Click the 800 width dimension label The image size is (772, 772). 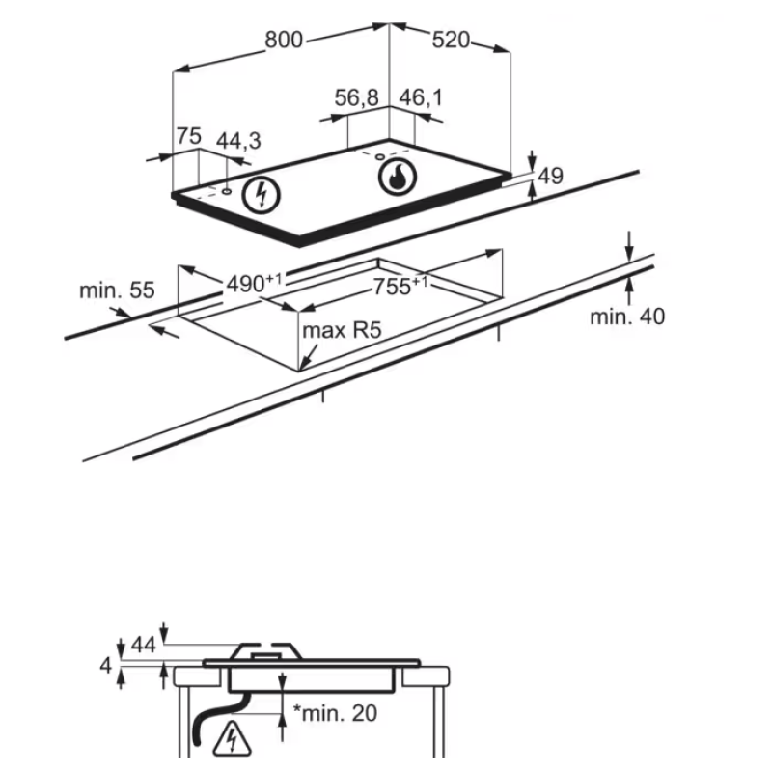(x=284, y=40)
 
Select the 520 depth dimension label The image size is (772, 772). (x=451, y=40)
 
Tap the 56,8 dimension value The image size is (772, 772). (x=357, y=97)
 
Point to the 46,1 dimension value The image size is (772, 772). (x=421, y=97)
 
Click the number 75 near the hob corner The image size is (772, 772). (x=189, y=136)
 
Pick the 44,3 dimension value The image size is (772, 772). (x=238, y=140)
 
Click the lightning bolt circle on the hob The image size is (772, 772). (x=261, y=195)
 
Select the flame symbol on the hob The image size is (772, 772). (x=398, y=177)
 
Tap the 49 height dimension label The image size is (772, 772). (x=550, y=176)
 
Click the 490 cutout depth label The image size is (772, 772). (x=255, y=283)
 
